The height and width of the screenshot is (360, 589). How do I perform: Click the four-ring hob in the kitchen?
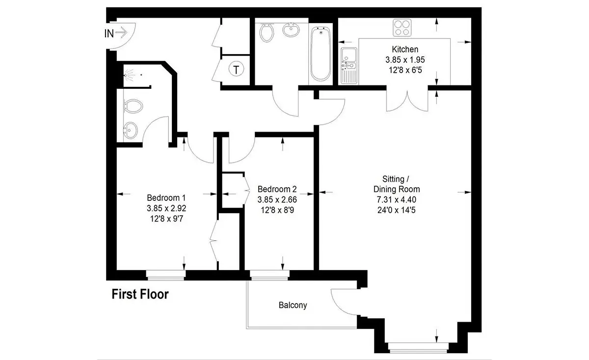(x=402, y=28)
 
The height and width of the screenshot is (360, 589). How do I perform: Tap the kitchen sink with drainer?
(x=349, y=66)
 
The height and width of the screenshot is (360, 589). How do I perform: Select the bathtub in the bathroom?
(x=320, y=54)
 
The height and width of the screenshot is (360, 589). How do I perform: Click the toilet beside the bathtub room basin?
(x=267, y=32)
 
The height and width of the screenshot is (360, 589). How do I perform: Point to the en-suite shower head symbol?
(x=130, y=75)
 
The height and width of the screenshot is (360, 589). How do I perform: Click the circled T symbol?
(x=236, y=69)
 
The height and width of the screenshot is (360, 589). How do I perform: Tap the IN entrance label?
(x=109, y=33)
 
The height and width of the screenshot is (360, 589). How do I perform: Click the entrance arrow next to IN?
(x=121, y=32)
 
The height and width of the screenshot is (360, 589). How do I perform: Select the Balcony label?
(x=293, y=305)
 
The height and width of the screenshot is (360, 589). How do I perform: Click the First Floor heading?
(x=140, y=294)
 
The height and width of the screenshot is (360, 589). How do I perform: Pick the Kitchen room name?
(x=405, y=49)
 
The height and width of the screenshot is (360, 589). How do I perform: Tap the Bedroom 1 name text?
(x=166, y=197)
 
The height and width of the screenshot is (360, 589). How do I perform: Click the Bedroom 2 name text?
(x=277, y=189)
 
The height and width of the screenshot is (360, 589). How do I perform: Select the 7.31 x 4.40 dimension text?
(x=397, y=200)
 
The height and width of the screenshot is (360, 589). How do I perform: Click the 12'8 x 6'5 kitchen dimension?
(x=405, y=70)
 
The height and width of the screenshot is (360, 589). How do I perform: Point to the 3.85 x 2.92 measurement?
(x=166, y=208)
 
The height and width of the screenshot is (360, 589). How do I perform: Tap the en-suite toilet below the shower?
(x=134, y=106)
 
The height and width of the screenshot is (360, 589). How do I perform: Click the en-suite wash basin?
(x=131, y=130)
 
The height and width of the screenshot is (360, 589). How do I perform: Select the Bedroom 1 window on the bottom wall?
(x=166, y=275)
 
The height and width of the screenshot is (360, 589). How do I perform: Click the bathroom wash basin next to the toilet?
(x=291, y=30)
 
